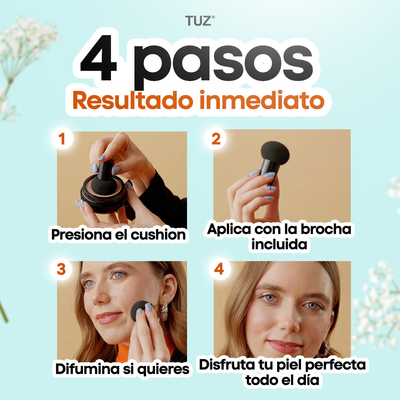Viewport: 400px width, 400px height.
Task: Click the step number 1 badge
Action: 62,139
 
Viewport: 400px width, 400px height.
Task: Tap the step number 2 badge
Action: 216,139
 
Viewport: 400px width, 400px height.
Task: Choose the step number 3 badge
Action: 61,269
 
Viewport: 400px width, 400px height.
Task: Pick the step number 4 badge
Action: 219,269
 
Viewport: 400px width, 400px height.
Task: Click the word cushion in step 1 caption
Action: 158,235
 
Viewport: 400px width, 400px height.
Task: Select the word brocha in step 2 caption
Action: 326,229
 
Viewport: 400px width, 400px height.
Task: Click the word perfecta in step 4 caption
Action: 335,365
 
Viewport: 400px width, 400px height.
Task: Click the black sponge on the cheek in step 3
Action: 140,311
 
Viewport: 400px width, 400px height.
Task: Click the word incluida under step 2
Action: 279,244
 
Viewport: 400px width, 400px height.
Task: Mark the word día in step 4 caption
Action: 308,380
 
